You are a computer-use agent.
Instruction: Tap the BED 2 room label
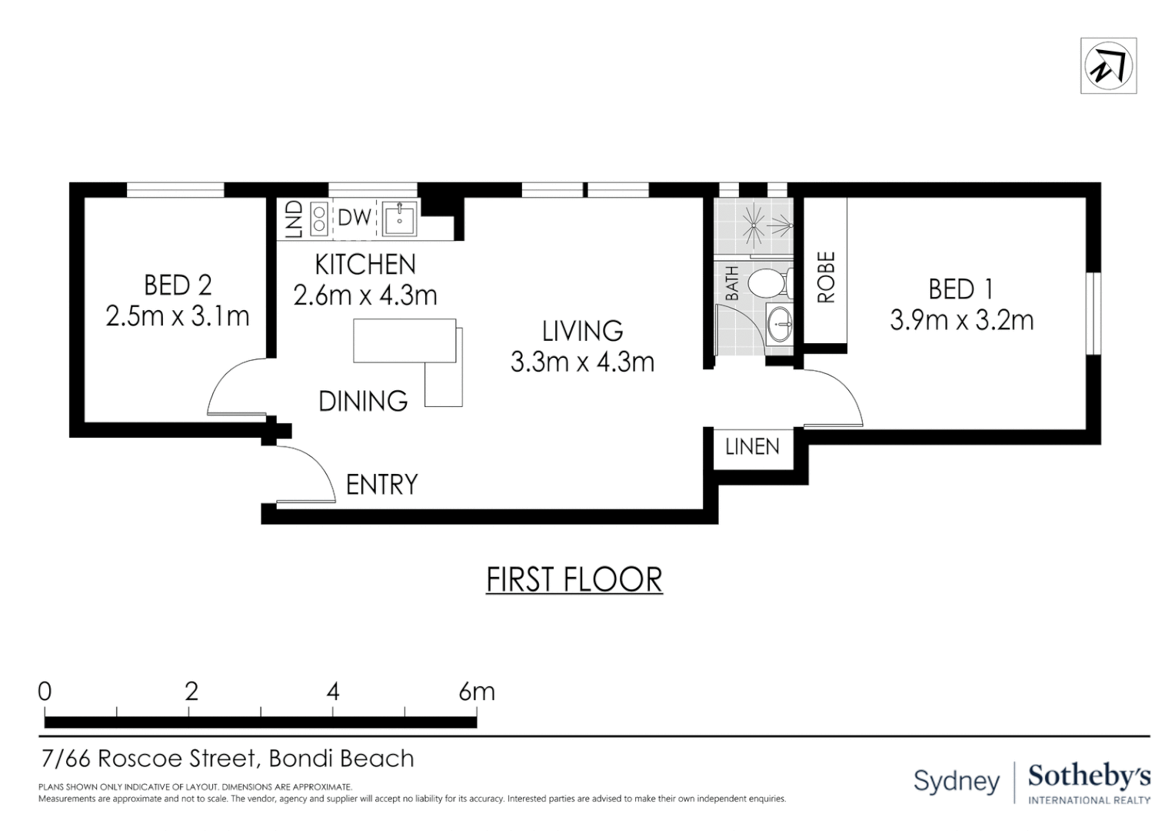click(178, 285)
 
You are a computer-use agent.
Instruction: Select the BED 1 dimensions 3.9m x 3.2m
click(961, 320)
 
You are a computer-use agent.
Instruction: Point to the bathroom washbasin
click(780, 324)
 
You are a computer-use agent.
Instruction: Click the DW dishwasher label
click(354, 218)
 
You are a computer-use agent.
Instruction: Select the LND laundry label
click(295, 219)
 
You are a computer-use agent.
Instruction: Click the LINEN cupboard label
click(752, 447)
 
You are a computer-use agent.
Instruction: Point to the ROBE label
click(826, 277)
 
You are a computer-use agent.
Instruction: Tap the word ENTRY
click(382, 485)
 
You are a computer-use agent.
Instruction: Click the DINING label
click(363, 401)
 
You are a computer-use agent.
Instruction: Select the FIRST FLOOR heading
click(574, 580)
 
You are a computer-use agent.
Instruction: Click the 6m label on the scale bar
click(477, 692)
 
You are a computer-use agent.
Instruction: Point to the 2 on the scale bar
click(191, 692)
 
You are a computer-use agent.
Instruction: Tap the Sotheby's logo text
click(1090, 777)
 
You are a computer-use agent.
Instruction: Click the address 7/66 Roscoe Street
click(149, 759)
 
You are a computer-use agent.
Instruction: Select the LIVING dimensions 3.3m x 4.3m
click(582, 362)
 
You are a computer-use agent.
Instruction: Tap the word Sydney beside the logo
click(957, 782)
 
